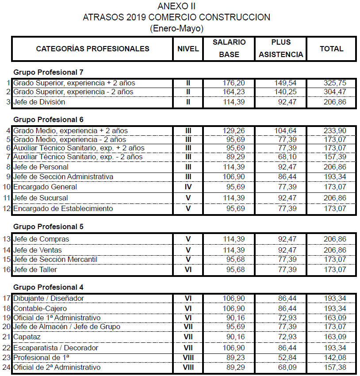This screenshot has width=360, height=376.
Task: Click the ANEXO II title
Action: pyautogui.click(x=176, y=6)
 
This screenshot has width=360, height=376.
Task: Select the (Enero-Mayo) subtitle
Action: pyautogui.click(x=176, y=28)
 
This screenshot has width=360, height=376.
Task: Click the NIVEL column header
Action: pyautogui.click(x=188, y=49)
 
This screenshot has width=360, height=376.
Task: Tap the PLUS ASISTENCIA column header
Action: pyautogui.click(x=281, y=49)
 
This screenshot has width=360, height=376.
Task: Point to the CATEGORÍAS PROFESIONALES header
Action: pyautogui.click(x=92, y=49)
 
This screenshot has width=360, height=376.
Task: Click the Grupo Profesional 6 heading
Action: pyautogui.click(x=48, y=119)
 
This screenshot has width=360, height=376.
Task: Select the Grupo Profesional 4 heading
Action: pyautogui.click(x=48, y=287)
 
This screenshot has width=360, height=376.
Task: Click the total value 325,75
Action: pyautogui.click(x=335, y=83)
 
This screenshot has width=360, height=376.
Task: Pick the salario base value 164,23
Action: pyautogui.click(x=233, y=92)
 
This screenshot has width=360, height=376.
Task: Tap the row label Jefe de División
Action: pyautogui.click(x=39, y=102)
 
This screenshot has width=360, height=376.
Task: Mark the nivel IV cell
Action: pyautogui.click(x=188, y=187)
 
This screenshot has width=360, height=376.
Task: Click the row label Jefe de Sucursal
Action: pyautogui.click(x=41, y=198)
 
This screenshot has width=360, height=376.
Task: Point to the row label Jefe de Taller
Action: pyautogui.click(x=35, y=269)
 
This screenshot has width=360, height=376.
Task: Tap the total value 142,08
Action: pyautogui.click(x=335, y=357)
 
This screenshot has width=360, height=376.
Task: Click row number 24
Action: pyautogui.click(x=7, y=368)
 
